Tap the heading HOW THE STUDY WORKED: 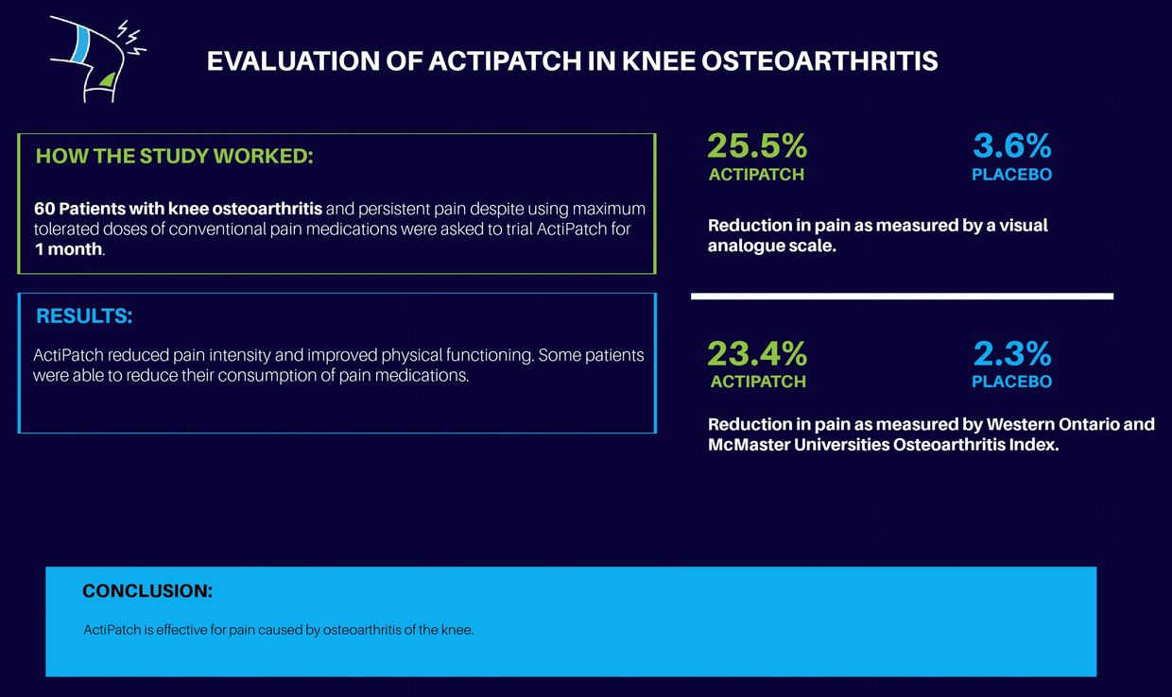tap(174, 156)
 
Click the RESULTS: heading tap(84, 316)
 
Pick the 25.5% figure tap(757, 146)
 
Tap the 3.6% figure tap(1011, 146)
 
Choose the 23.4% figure tap(757, 354)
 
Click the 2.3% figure tap(1011, 354)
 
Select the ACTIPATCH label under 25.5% tap(756, 175)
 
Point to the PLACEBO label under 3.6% tap(1011, 175)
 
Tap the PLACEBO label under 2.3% tap(1011, 382)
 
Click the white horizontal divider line tap(902, 296)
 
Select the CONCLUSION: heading tap(147, 591)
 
